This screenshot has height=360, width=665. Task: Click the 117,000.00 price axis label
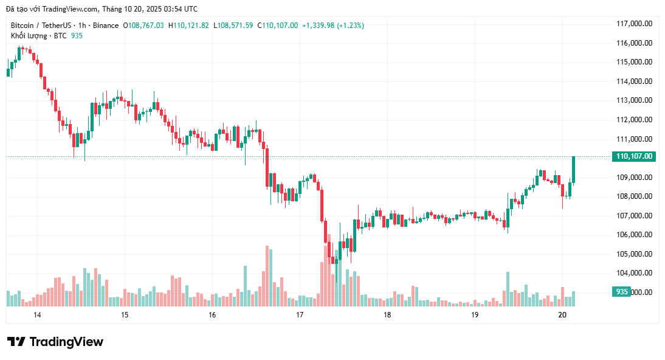(x=634, y=24)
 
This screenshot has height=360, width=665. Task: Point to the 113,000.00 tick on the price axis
(x=634, y=100)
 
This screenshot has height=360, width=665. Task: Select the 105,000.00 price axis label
(x=634, y=254)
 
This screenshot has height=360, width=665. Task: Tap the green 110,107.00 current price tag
(x=634, y=156)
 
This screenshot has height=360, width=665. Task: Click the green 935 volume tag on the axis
(x=621, y=292)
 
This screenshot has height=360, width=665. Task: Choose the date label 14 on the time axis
(x=37, y=315)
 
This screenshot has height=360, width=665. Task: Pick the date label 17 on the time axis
(x=300, y=315)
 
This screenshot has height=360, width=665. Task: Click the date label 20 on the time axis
(x=562, y=315)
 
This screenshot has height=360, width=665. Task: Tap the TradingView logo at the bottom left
(x=55, y=342)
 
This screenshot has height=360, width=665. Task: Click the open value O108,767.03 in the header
(x=143, y=25)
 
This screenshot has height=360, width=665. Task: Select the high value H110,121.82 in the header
(x=188, y=25)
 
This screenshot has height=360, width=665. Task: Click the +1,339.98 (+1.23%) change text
(x=333, y=25)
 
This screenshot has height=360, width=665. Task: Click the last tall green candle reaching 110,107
(x=573, y=170)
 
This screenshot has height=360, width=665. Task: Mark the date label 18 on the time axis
(x=387, y=315)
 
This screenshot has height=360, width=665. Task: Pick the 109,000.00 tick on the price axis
(x=634, y=178)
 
